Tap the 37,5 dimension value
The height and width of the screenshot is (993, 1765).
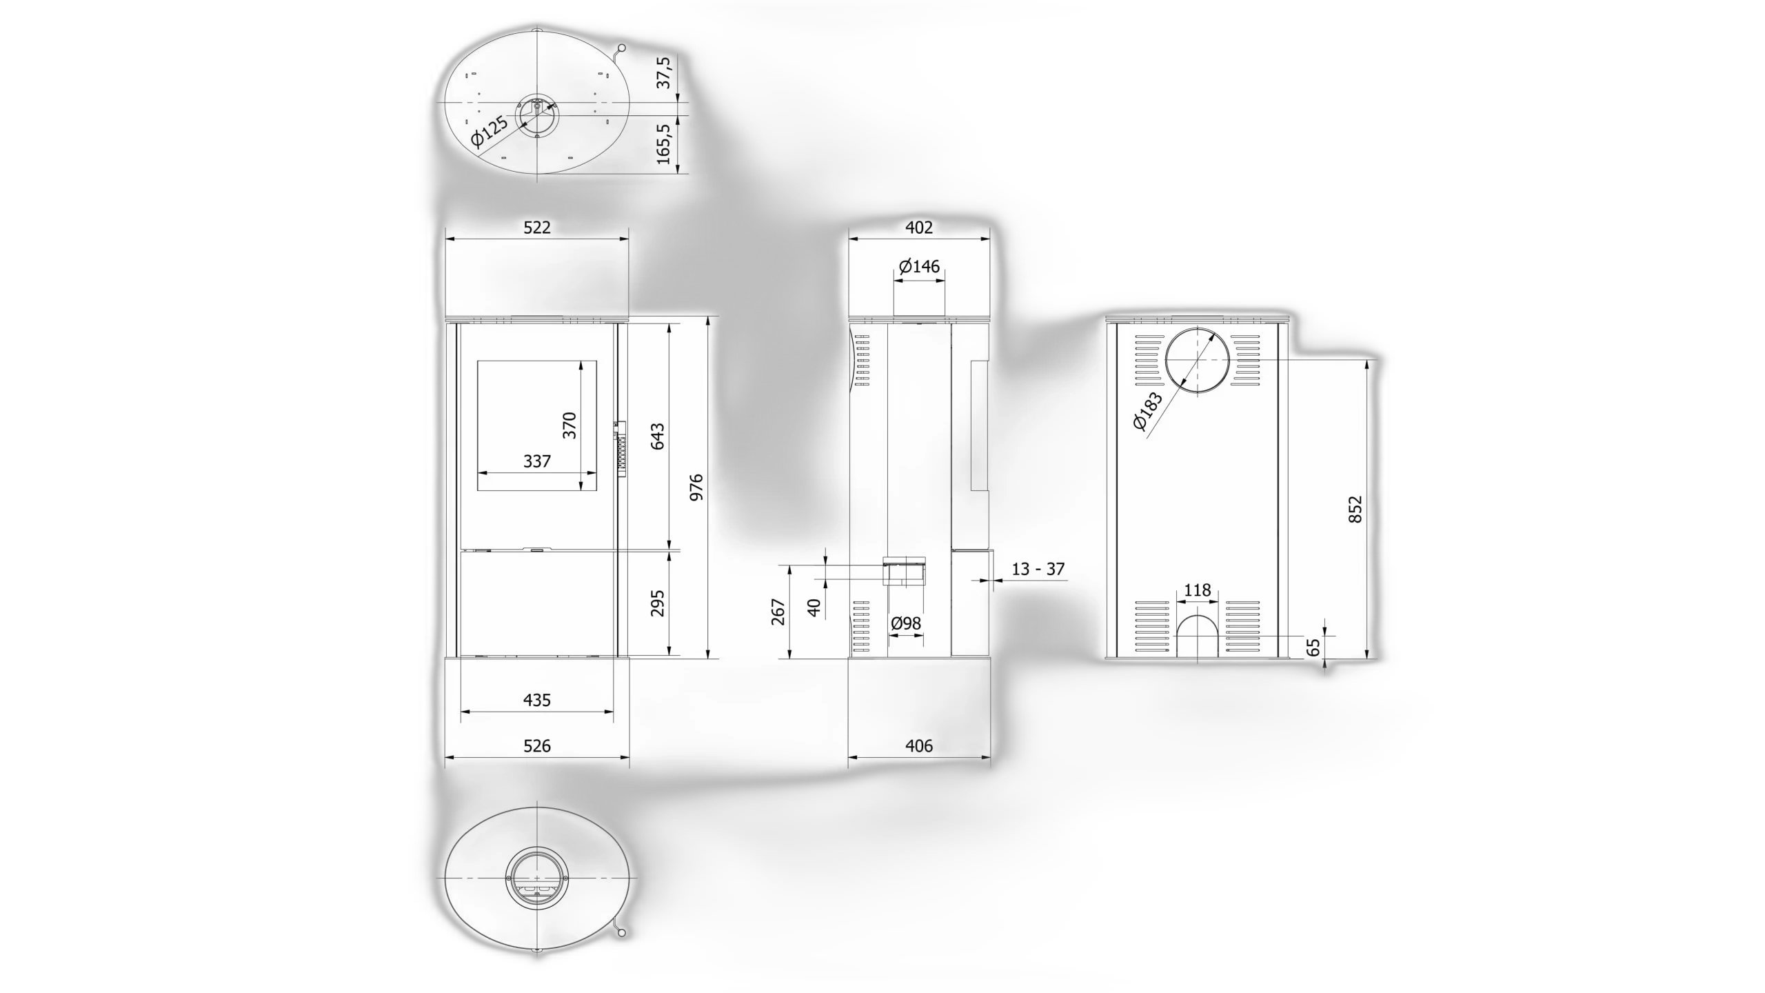[663, 72]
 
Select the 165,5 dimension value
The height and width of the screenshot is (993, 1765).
[663, 144]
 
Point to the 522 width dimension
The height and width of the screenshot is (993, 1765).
[537, 227]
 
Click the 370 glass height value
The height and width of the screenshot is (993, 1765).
[569, 425]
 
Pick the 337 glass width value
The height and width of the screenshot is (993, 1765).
[537, 461]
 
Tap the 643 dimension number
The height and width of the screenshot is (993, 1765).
[657, 437]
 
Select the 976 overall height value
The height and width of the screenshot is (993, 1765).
[696, 487]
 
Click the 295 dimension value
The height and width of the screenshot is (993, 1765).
[657, 603]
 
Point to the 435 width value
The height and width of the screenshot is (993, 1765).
[537, 700]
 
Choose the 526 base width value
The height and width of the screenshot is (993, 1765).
[537, 745]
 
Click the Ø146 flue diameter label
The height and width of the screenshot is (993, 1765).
[919, 266]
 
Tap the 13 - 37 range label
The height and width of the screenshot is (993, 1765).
[1038, 569]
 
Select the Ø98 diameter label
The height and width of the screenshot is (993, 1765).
[906, 623]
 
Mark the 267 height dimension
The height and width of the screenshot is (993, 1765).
[778, 612]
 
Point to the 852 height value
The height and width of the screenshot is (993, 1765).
[1355, 509]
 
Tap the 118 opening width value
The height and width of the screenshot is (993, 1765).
[1197, 590]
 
